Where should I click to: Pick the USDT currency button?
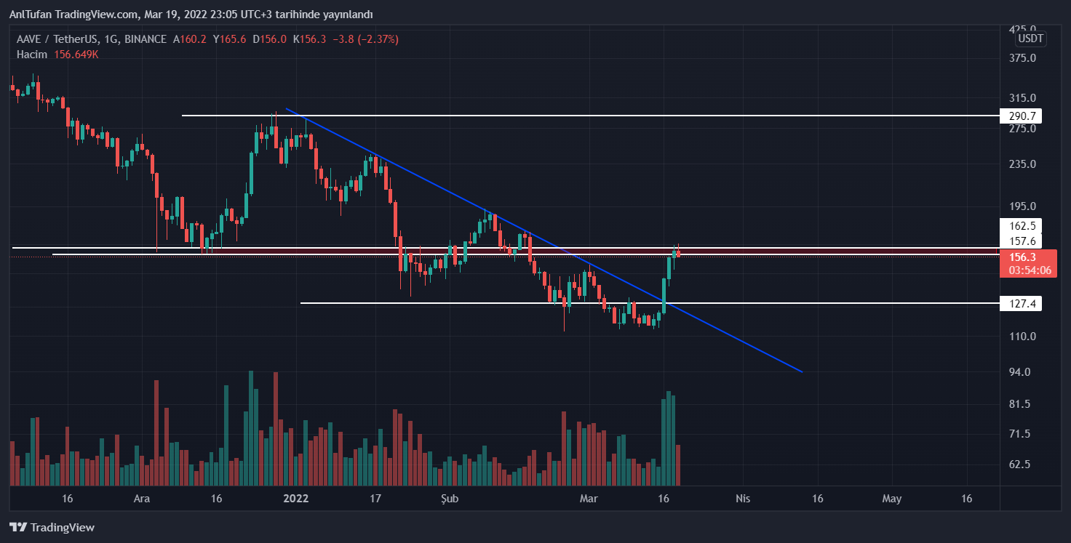point(1030,39)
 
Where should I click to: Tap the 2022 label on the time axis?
point(296,499)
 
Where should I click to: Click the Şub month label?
point(450,499)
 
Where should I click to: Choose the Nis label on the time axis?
point(742,499)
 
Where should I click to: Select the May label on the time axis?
point(891,499)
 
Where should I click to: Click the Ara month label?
point(142,499)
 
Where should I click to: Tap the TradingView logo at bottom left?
point(52,527)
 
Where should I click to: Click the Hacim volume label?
point(32,55)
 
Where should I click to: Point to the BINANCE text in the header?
point(146,39)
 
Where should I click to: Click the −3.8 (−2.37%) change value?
point(371,39)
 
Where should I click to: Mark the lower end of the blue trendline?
point(802,371)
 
